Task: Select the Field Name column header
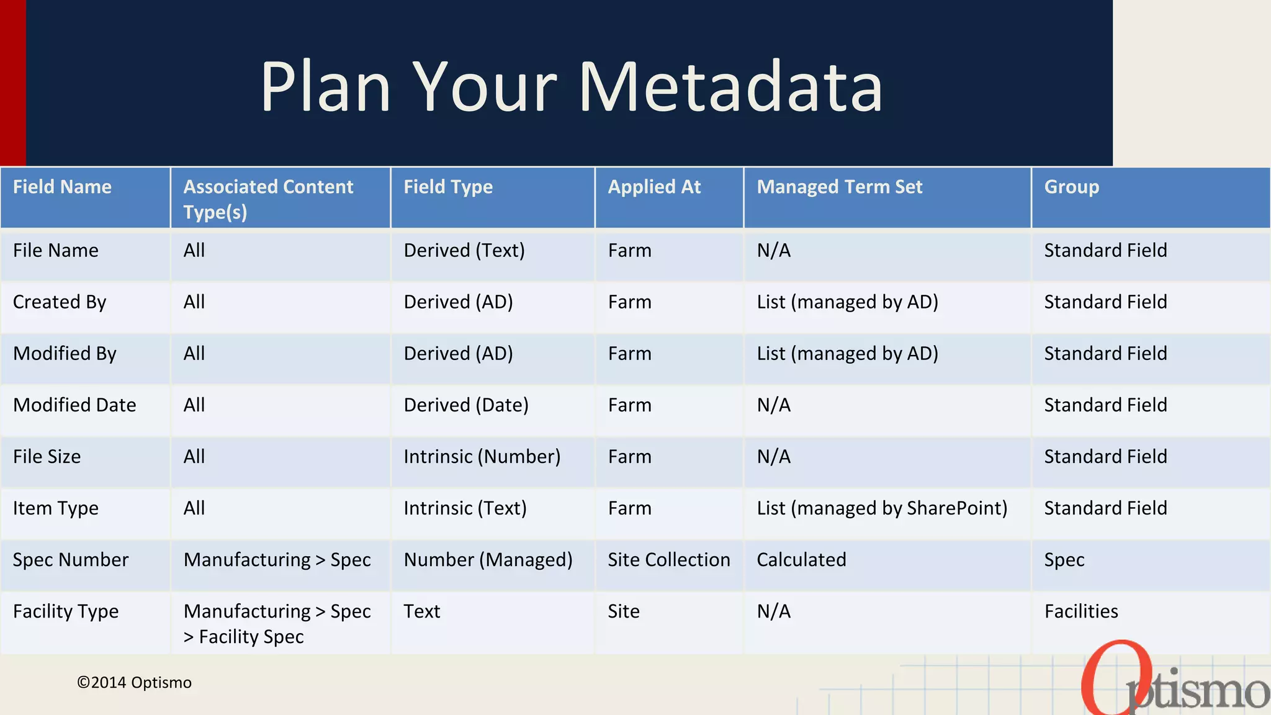point(62,187)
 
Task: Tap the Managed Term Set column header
point(839,187)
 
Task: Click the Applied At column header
point(654,187)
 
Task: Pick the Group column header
point(1071,187)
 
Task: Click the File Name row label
point(56,251)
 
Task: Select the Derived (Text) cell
point(464,251)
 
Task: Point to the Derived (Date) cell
point(466,405)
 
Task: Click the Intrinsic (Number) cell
point(482,457)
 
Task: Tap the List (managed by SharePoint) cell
point(881,508)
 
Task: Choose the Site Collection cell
point(668,560)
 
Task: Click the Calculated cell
point(801,560)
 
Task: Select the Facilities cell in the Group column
point(1080,611)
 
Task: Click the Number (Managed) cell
point(488,560)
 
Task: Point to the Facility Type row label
point(66,611)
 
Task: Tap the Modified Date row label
point(74,405)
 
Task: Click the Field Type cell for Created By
point(458,302)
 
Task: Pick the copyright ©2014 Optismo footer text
point(134,683)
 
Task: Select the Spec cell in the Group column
point(1064,560)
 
